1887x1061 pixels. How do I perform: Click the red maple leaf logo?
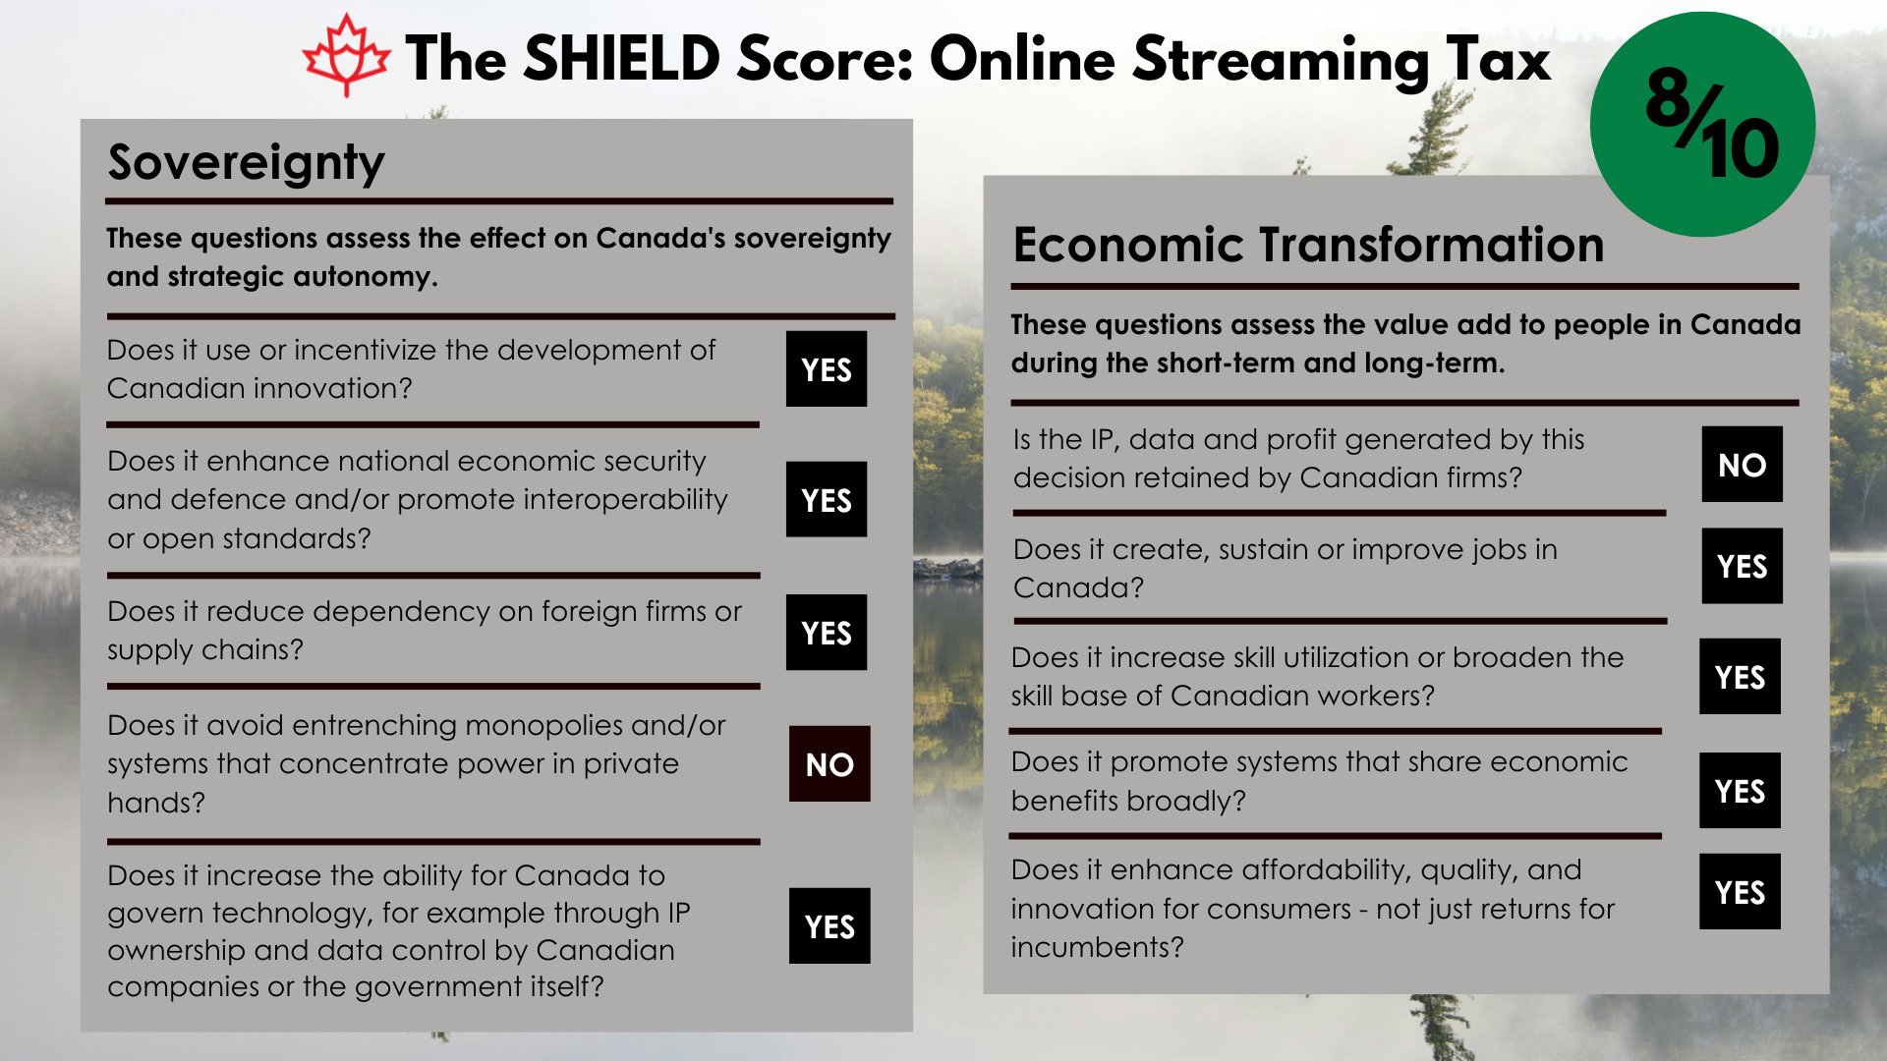click(345, 56)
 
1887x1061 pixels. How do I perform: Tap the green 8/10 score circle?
click(1702, 124)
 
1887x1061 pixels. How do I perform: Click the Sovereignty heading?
click(246, 163)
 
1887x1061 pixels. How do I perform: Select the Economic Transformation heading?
click(1308, 244)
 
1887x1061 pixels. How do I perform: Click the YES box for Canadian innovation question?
click(827, 369)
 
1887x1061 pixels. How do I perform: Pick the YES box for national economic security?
click(827, 499)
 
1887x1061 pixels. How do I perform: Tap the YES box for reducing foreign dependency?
click(827, 633)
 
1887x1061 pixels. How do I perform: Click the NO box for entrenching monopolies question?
click(829, 763)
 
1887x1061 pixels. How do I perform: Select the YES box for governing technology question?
click(829, 925)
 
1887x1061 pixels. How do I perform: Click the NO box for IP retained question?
click(1743, 465)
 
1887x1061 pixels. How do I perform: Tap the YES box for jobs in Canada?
click(1743, 566)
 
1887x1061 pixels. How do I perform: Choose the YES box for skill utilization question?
click(1740, 676)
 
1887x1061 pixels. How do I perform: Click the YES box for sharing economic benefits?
click(1740, 790)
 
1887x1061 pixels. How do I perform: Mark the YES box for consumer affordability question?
click(1740, 892)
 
